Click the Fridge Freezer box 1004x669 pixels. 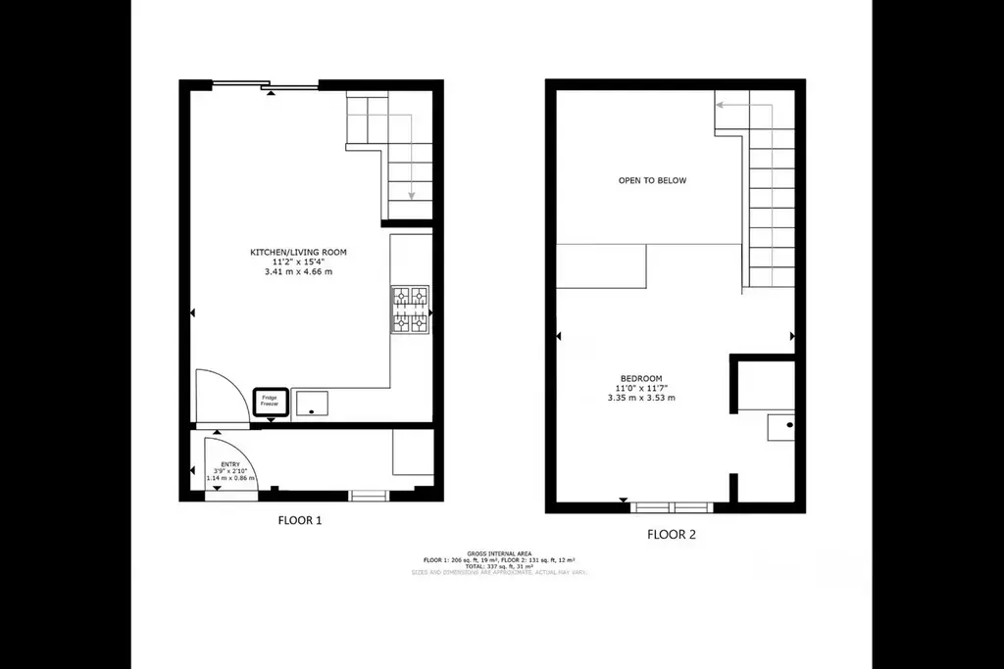pos(271,403)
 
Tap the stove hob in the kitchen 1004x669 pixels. pos(411,309)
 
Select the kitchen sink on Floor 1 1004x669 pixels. pos(313,403)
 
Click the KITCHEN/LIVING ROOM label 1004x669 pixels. pos(298,253)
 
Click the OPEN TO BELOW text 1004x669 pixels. pos(652,180)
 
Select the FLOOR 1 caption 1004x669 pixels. pos(300,521)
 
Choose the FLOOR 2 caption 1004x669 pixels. pos(672,534)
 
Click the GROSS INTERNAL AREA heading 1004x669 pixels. pos(500,552)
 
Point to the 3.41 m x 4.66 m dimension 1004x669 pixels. pos(298,272)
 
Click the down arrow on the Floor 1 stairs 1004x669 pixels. pos(411,195)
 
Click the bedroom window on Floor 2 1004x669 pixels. pos(672,506)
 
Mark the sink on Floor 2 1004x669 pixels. pos(781,427)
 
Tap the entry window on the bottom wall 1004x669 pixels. pos(370,497)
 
